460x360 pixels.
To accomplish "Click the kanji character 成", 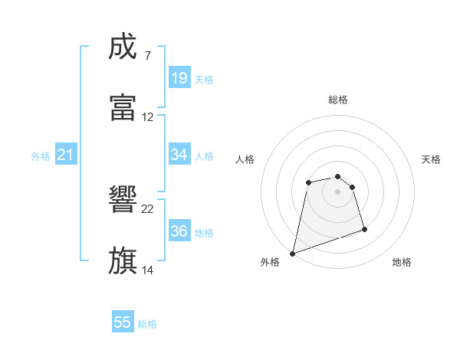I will pos(123,47).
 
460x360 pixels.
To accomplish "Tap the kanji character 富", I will pos(123,108).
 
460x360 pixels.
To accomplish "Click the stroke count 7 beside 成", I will pos(147,56).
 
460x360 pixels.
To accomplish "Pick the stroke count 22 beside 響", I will pos(148,208).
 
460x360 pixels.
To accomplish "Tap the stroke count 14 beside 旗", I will pos(148,270).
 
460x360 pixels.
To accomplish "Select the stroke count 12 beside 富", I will pos(148,117).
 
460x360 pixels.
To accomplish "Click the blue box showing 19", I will pos(179,78).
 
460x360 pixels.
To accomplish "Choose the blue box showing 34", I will pos(179,155).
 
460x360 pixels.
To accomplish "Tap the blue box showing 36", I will pos(179,231).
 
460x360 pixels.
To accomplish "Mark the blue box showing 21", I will pos(66,155).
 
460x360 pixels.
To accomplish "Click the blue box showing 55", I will pos(123,323).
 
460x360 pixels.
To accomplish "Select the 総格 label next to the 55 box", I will pos(147,324).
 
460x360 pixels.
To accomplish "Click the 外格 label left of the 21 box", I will pos(41,156).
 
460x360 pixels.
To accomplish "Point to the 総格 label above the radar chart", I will pos(338,100).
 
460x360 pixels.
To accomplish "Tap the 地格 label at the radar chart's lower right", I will pos(402,263).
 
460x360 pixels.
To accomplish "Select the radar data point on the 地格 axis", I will pos(364,229).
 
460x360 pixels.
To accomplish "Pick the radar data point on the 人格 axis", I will pos(308,182).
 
